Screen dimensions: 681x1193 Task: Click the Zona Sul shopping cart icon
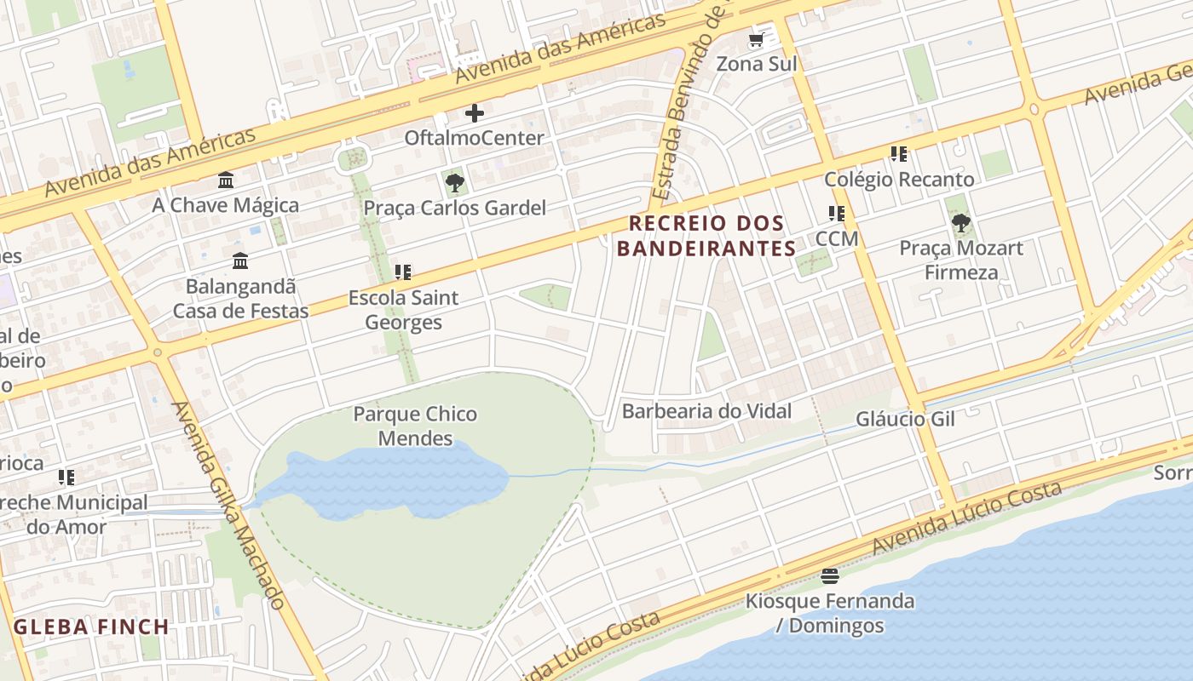(x=756, y=40)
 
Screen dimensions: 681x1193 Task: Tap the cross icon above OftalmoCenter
(x=475, y=113)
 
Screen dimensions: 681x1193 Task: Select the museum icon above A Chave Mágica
(x=226, y=180)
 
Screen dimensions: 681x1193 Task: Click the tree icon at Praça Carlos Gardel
(x=455, y=182)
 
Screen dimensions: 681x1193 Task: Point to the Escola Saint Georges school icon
(x=403, y=272)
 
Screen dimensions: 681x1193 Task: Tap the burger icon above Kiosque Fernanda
(x=830, y=576)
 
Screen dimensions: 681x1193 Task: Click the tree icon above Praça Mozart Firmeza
(x=961, y=224)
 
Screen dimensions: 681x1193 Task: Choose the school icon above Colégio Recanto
(x=899, y=154)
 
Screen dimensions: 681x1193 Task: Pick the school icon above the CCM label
(x=836, y=214)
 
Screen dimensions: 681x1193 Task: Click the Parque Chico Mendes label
(x=415, y=426)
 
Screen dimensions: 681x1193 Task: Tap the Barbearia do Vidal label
(x=706, y=411)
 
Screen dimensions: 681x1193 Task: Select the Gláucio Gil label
(x=905, y=419)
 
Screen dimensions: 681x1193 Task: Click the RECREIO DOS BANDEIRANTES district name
(x=706, y=236)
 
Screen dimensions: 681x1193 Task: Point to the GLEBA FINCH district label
(x=92, y=627)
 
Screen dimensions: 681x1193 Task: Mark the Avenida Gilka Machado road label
(x=228, y=505)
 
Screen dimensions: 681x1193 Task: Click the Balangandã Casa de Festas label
(x=241, y=299)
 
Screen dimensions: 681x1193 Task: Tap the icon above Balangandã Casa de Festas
(x=240, y=260)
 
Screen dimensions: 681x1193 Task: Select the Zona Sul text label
(x=756, y=64)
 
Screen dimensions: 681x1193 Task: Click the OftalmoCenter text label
(x=474, y=138)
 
